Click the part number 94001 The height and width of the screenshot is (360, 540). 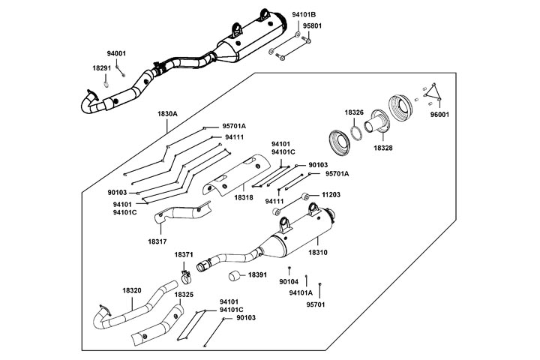(x=116, y=54)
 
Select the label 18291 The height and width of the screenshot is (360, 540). (x=102, y=68)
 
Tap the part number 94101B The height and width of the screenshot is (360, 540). (x=304, y=14)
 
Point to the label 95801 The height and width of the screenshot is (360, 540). (x=313, y=25)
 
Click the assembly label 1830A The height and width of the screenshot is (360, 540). (x=167, y=113)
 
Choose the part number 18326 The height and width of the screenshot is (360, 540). (x=354, y=112)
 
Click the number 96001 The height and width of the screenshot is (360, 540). (x=440, y=116)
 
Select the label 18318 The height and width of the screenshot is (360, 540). (x=244, y=196)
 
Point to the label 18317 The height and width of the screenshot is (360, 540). (x=157, y=241)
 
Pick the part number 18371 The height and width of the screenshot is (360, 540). (x=184, y=255)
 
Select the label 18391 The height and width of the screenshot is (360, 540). (x=258, y=275)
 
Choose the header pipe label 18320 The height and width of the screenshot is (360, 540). (x=132, y=289)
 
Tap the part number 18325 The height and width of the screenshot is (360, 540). (x=184, y=295)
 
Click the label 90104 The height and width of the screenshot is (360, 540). (x=289, y=282)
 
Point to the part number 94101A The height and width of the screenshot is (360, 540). (x=301, y=293)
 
